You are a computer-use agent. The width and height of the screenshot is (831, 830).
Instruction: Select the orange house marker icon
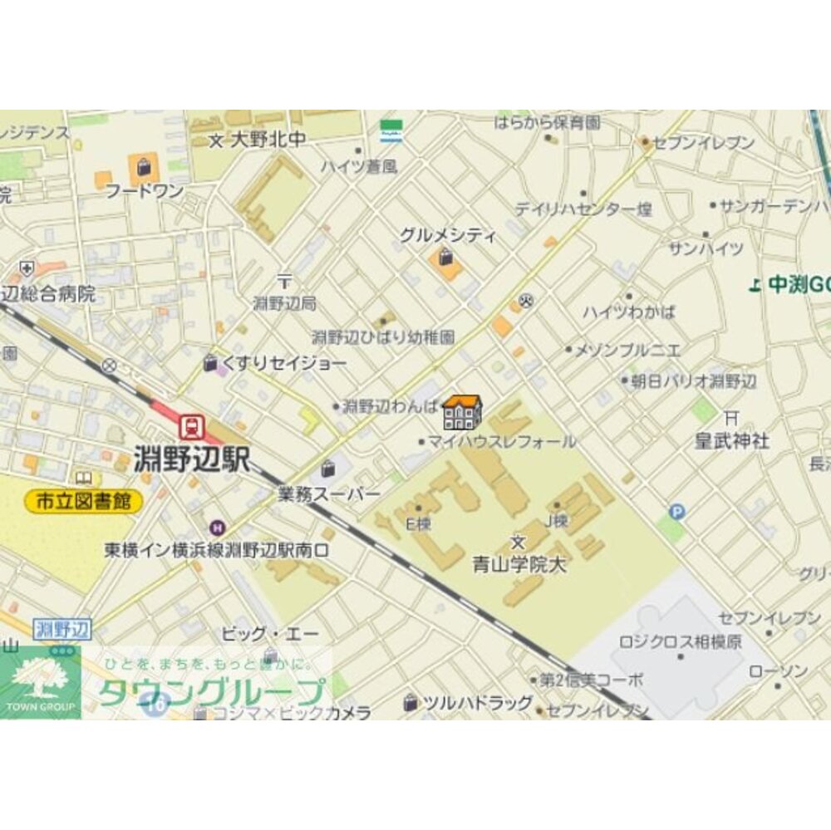pos(462,412)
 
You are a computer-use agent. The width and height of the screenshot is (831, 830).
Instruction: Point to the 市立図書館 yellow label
pos(83,501)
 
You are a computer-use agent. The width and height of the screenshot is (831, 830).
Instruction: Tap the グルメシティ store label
pos(447,236)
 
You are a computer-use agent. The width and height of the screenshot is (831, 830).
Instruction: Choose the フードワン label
pos(145,191)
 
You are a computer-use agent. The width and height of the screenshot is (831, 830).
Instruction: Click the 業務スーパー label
pos(329,494)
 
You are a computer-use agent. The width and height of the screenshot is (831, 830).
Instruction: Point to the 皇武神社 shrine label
pos(731,440)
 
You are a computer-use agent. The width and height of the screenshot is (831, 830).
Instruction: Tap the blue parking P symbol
pos(677,512)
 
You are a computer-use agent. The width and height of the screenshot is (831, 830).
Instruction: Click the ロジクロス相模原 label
pos(681,641)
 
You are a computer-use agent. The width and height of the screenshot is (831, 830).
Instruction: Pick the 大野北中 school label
pos(258,140)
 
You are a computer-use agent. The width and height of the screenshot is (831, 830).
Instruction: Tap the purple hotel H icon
pos(217,526)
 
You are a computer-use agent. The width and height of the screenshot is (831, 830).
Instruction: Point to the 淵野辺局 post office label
pos(284,303)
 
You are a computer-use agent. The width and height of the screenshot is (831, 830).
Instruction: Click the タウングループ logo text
pos(211,692)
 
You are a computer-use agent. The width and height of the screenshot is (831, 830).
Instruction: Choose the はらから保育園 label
pos(546,123)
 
